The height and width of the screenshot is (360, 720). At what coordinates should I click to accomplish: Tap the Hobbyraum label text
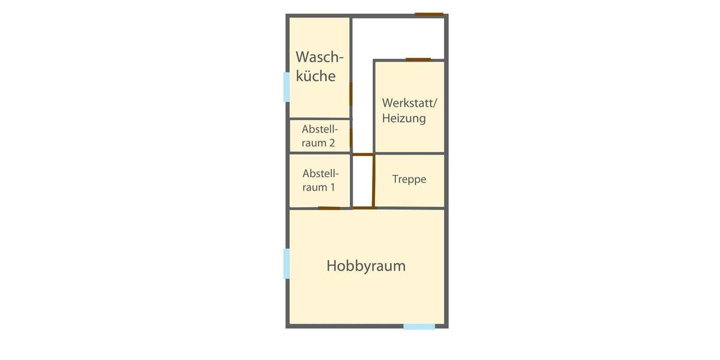tap(366, 266)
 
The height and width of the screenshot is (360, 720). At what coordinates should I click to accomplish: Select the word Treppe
tap(409, 179)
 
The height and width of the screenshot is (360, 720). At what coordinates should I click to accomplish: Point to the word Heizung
tap(404, 118)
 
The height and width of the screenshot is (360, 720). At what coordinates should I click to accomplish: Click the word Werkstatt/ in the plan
tap(410, 103)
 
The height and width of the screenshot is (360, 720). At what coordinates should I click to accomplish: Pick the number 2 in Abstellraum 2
tap(331, 143)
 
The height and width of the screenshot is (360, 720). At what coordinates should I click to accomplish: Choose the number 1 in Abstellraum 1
tap(332, 187)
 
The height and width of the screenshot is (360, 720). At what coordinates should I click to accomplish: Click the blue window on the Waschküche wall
tap(287, 86)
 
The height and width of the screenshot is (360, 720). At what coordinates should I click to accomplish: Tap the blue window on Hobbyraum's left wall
tap(287, 264)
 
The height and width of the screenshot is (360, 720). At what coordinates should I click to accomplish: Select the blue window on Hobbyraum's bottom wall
tap(419, 326)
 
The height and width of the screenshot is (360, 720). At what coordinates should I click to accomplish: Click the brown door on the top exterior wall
tap(429, 14)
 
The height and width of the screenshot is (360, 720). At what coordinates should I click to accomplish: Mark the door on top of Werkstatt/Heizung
tap(418, 59)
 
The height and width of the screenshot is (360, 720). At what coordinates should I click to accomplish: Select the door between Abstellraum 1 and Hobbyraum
tap(329, 208)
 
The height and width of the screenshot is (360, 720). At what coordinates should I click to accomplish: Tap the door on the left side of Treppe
tap(374, 181)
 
